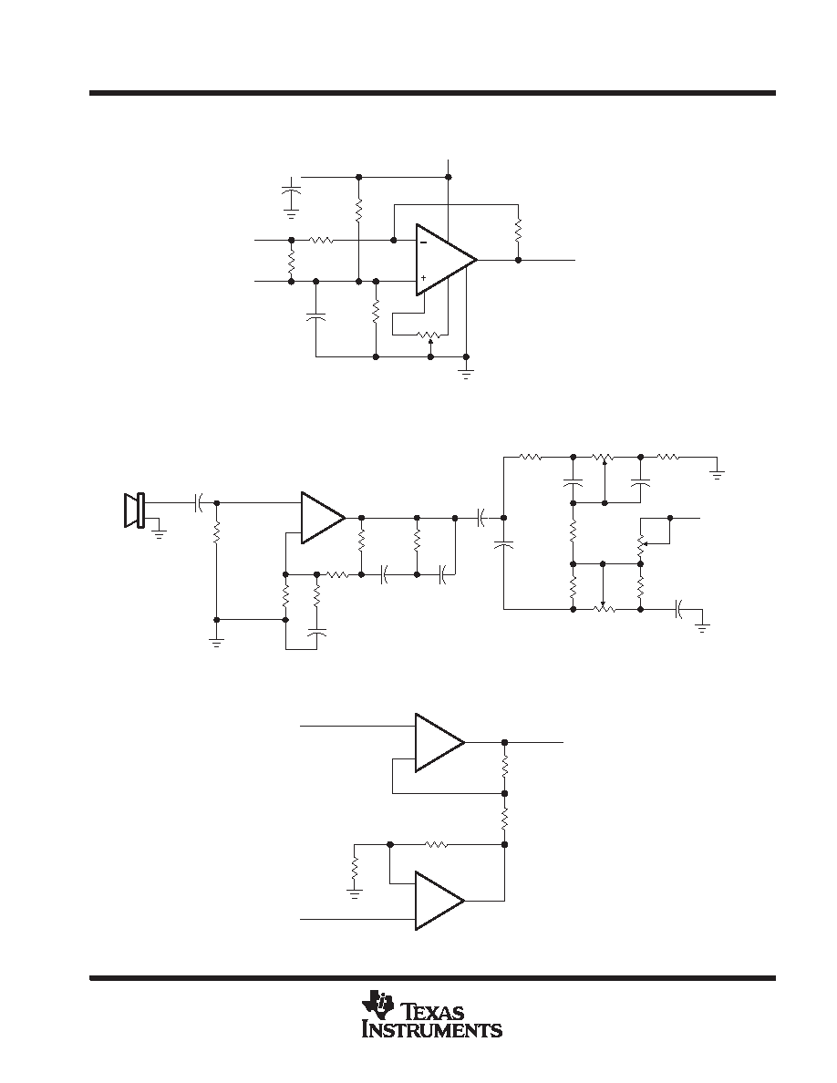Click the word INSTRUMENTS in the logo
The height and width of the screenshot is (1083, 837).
pos(432,1030)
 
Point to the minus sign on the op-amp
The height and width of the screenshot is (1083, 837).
pos(423,242)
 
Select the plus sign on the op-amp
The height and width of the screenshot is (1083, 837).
pos(423,278)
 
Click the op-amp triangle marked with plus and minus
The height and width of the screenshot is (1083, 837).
pos(446,261)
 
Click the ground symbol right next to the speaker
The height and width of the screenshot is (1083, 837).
pos(160,531)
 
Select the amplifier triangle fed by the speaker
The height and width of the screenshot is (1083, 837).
pos(323,517)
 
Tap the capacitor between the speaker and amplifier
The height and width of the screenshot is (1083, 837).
pos(199,503)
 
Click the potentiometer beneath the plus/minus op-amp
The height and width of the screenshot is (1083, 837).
pos(429,335)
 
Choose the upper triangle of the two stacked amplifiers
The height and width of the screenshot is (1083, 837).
pos(439,742)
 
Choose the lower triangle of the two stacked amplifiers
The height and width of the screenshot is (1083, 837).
pos(439,901)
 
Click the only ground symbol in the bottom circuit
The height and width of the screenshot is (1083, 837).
pos(355,895)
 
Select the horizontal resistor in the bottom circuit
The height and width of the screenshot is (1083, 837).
pos(436,844)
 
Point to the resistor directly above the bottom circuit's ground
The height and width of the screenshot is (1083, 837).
pos(355,870)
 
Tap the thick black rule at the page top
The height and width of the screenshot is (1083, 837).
pos(432,93)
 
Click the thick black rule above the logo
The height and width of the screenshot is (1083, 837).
pos(432,977)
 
